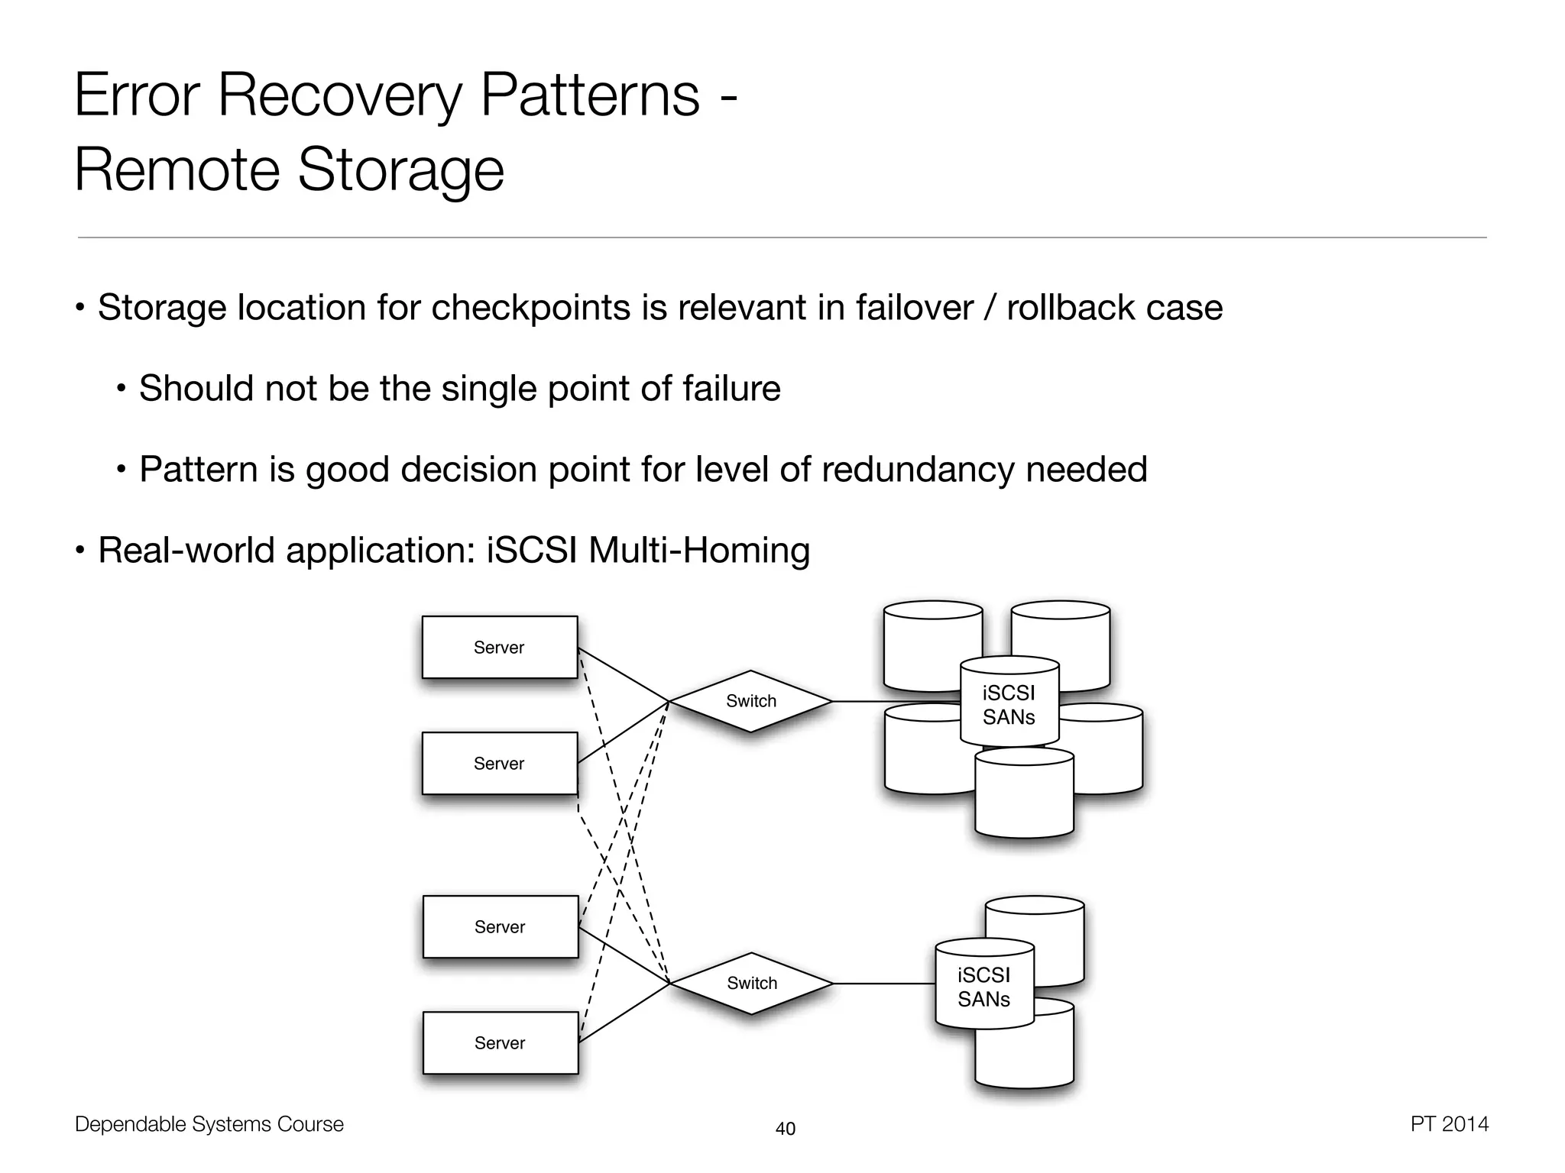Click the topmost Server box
[499, 647]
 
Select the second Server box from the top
[499, 763]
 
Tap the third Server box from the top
[500, 926]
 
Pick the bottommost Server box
[500, 1042]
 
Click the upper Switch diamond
[750, 701]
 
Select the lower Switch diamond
[751, 983]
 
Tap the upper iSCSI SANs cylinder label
[1009, 704]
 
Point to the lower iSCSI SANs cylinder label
[983, 987]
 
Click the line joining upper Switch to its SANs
[894, 701]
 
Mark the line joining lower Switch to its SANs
[883, 984]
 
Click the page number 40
[785, 1129]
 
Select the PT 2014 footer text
[1449, 1124]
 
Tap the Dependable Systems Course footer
[209, 1124]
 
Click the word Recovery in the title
[339, 96]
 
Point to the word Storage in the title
[400, 170]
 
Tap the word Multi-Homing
[698, 550]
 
